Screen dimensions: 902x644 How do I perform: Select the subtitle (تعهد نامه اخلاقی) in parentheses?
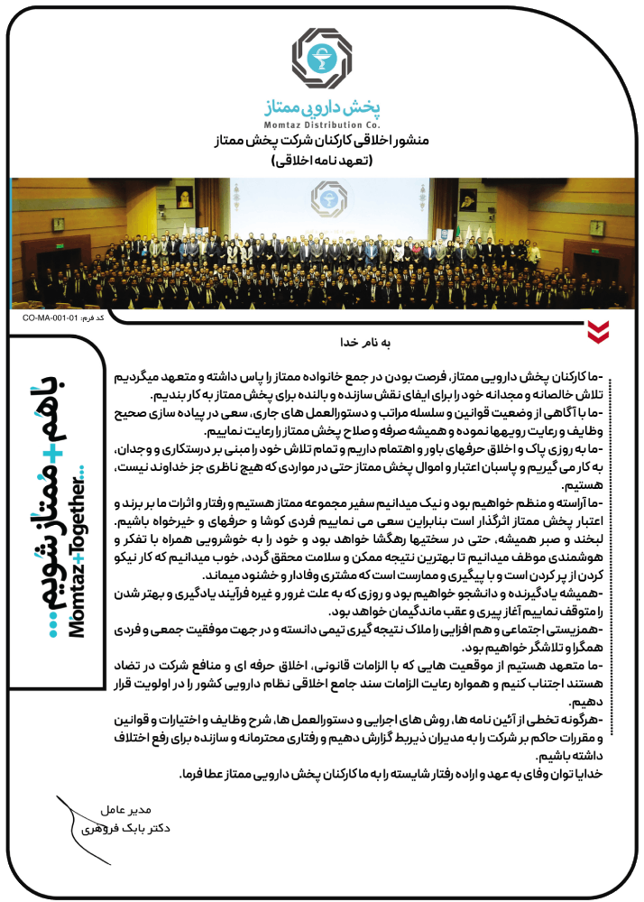pos(322,161)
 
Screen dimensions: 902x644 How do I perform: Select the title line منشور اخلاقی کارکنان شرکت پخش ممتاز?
pos(322,142)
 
